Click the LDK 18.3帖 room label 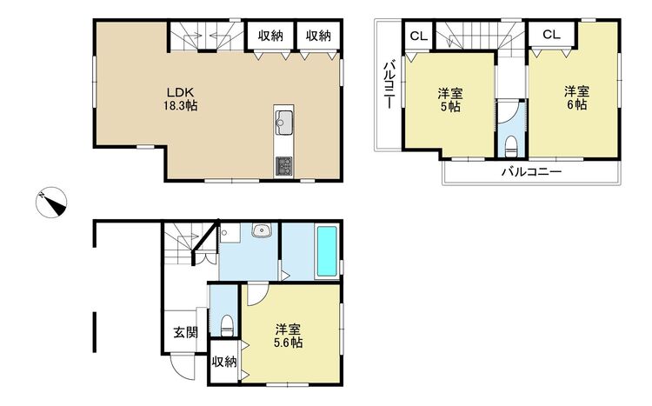click(x=180, y=99)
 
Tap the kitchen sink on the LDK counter click(x=284, y=122)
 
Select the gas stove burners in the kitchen click(x=284, y=166)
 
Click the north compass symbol click(x=51, y=203)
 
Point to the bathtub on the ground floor click(x=327, y=251)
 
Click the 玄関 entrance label click(x=185, y=332)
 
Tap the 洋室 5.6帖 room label click(x=288, y=336)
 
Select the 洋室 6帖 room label click(x=576, y=97)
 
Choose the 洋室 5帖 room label click(x=450, y=100)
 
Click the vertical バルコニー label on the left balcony click(x=389, y=85)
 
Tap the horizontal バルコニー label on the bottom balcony click(x=531, y=171)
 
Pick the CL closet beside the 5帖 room click(x=419, y=37)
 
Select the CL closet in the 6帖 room click(x=551, y=34)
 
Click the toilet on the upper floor click(x=510, y=146)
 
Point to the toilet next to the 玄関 click(x=227, y=325)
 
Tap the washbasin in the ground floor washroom click(x=262, y=230)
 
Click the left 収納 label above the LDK click(x=270, y=37)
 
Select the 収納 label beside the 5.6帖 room click(x=224, y=362)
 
